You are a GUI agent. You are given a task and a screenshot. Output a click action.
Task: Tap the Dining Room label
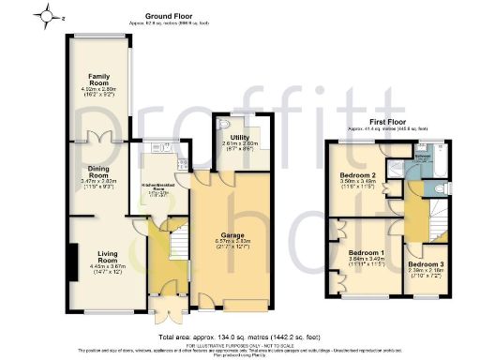click(x=99, y=170)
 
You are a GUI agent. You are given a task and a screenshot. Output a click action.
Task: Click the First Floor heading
click(x=388, y=122)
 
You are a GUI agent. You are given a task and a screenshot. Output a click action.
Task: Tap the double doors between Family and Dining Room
click(x=99, y=138)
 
